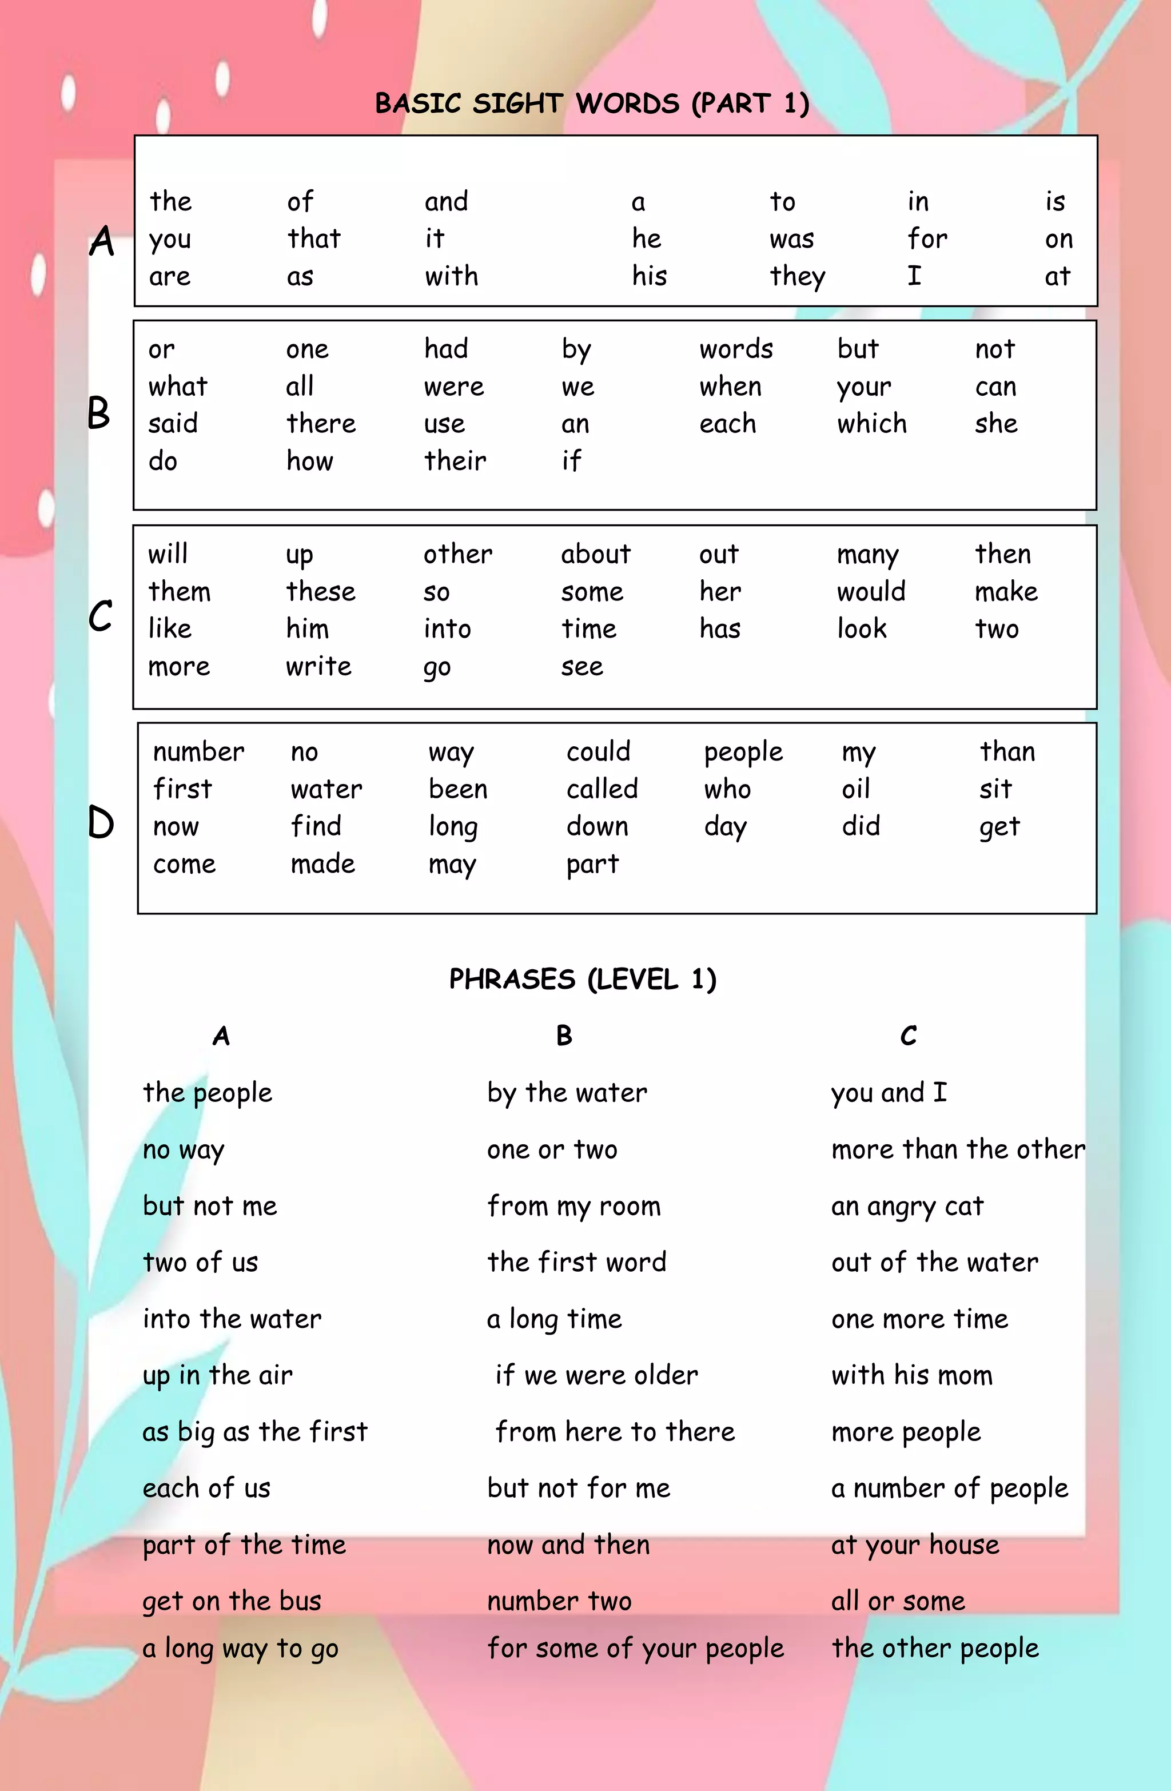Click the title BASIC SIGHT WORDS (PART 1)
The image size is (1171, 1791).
592,103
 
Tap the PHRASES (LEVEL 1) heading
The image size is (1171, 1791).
583,979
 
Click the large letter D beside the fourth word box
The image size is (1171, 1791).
101,822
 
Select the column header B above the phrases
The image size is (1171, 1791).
564,1036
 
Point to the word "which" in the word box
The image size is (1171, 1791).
871,424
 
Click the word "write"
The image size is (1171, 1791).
318,666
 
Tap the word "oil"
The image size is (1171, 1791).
856,789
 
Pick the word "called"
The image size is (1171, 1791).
602,789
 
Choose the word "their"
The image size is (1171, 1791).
455,460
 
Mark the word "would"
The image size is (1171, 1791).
871,591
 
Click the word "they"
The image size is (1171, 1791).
797,277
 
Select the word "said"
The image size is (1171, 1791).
172,424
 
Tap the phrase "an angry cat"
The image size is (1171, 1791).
907,1206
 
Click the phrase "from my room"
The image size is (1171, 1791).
573,1206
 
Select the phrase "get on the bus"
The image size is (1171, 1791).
232,1601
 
